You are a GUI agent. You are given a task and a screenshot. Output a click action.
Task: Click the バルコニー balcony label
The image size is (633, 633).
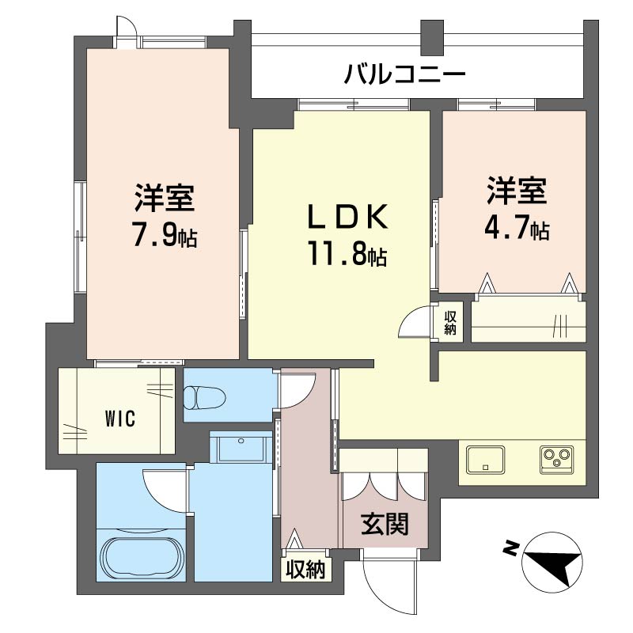coord(404,76)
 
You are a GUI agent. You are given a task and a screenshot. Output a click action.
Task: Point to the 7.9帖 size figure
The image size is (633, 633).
coord(164,236)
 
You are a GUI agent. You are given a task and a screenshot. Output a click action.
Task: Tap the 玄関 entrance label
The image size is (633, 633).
coord(385,523)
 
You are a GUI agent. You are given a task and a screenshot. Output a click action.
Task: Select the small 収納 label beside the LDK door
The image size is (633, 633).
coord(451,323)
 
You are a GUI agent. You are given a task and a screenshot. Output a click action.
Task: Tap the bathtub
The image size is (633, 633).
coord(142,557)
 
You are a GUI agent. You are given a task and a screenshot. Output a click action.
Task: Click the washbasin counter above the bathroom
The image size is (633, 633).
coord(241,449)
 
